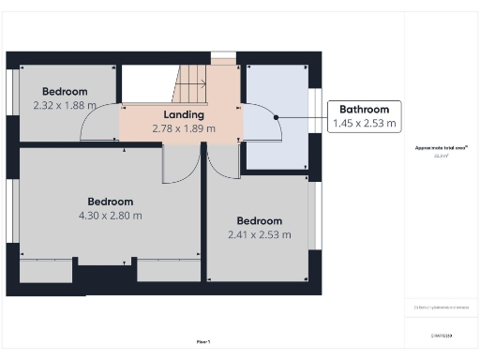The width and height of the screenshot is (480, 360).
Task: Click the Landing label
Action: [x=184, y=114]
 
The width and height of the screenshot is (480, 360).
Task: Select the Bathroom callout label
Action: [x=364, y=109]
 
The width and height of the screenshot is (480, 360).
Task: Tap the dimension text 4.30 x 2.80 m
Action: [x=111, y=215]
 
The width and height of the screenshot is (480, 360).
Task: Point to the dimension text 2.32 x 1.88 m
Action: [x=65, y=105]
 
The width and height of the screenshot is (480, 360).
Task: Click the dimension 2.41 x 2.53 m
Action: [x=259, y=234]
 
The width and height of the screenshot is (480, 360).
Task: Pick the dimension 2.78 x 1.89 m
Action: [x=184, y=128]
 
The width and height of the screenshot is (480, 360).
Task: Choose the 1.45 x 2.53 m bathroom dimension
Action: [x=364, y=123]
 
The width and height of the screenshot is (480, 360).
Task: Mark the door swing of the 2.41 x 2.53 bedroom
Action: [x=223, y=161]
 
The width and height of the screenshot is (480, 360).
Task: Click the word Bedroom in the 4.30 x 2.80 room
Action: [x=111, y=202]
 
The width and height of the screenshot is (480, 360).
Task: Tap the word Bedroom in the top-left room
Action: [x=65, y=91]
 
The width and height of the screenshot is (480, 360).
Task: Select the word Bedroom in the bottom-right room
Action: [x=259, y=220]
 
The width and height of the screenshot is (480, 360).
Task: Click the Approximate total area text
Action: [x=441, y=148]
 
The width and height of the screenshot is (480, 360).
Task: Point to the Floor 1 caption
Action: [x=202, y=342]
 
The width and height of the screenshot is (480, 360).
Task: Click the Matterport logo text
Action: [x=441, y=335]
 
